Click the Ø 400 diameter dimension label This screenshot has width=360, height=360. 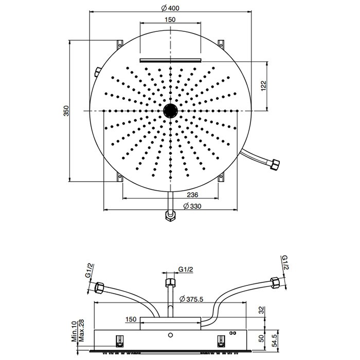point(170,8)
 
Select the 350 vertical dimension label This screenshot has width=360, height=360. point(66,111)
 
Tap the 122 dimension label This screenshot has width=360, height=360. point(263,86)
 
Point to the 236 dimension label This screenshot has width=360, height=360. point(192,195)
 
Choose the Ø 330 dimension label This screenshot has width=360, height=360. point(192,206)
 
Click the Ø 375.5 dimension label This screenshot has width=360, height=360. point(191,299)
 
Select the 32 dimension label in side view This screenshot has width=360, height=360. point(261,310)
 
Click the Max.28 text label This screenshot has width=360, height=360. point(81,330)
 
